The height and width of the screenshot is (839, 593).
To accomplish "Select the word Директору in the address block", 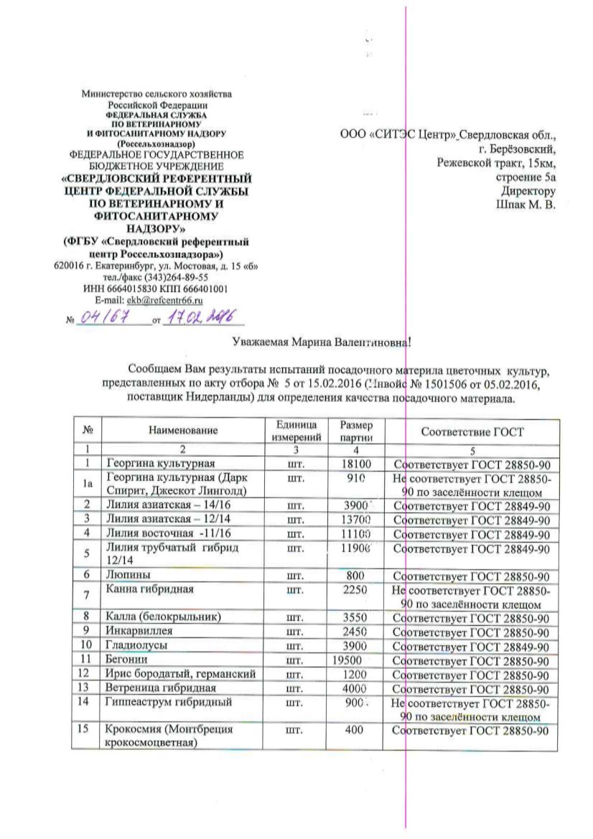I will (530, 191).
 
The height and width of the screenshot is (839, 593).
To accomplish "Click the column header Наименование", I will (183, 431).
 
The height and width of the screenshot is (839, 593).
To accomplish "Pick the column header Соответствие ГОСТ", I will (472, 431).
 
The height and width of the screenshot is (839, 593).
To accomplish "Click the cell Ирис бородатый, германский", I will (180, 674).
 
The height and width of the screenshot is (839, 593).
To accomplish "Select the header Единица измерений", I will (294, 431).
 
